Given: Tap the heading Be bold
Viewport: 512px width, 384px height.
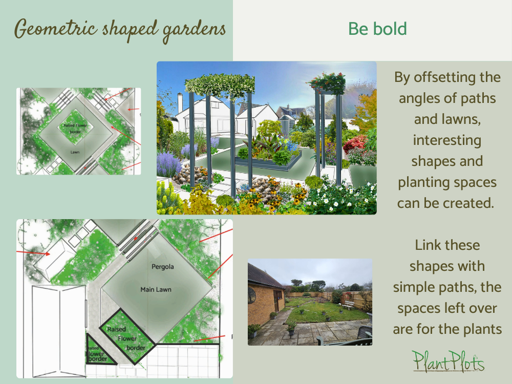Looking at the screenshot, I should point(377,29).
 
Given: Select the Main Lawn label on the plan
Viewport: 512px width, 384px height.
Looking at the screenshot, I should point(156,290).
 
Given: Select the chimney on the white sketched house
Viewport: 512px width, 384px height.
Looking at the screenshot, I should point(180,102).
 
